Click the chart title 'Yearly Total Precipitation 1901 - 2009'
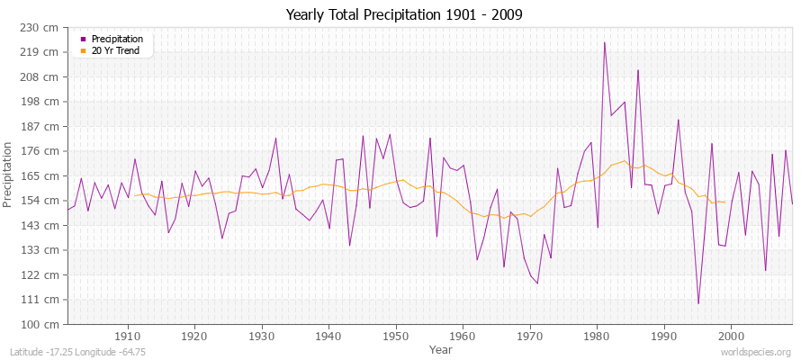404,15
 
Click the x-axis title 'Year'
441,348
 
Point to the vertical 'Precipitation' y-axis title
9,175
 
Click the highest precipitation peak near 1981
604,42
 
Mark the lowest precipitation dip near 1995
698,303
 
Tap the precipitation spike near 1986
638,70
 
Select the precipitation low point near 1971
537,283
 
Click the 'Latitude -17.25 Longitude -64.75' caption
77,353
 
